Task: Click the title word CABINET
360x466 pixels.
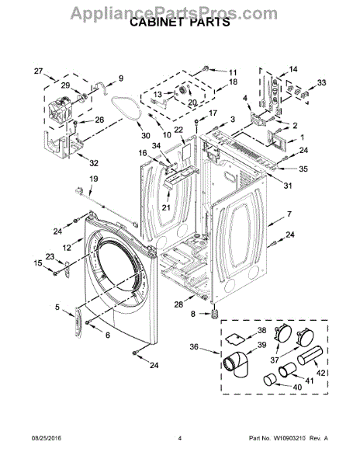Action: click(x=156, y=23)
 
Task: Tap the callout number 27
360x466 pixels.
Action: click(x=38, y=71)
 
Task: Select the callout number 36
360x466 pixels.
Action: click(x=194, y=347)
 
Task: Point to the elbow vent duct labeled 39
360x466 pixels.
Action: click(x=236, y=363)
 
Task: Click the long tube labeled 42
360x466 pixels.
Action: click(x=310, y=355)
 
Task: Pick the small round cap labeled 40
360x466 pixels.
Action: click(x=270, y=380)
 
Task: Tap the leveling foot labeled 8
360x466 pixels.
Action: click(x=214, y=314)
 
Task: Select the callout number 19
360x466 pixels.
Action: click(x=94, y=179)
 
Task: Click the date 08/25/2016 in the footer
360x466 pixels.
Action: click(x=47, y=438)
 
